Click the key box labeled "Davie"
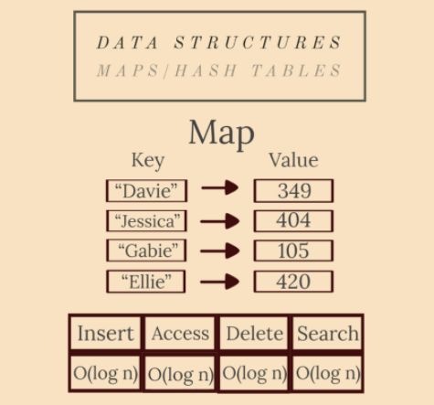click(147, 191)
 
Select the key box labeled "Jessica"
click(147, 221)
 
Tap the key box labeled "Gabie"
click(146, 250)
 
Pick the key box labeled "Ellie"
click(146, 282)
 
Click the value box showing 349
click(293, 191)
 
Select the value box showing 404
click(293, 220)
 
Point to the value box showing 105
click(293, 250)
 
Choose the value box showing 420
click(293, 282)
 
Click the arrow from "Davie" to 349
click(219, 187)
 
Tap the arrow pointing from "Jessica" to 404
click(219, 221)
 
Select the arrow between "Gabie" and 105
click(219, 250)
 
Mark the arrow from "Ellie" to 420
click(219, 282)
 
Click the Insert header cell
click(105, 333)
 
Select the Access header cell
click(180, 333)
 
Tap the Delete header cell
click(254, 333)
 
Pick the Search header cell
click(327, 333)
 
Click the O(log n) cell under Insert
click(105, 373)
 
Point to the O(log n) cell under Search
click(327, 373)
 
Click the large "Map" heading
click(222, 134)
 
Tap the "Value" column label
click(293, 160)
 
